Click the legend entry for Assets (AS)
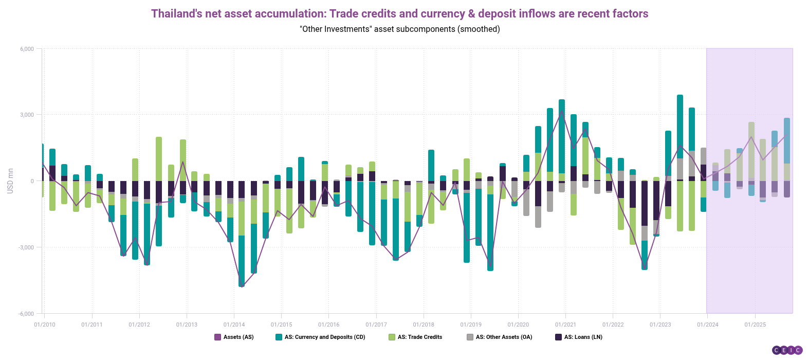tap(238, 337)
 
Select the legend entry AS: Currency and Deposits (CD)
tap(325, 337)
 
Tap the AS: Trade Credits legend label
tap(419, 337)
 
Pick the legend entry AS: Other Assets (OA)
tap(504, 337)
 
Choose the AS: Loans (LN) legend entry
tap(583, 337)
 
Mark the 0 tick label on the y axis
tap(32, 181)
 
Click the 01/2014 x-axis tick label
tap(234, 325)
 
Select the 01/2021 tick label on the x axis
tap(565, 325)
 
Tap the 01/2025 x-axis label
tap(755, 325)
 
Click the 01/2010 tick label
tap(45, 325)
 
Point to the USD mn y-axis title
tap(10, 181)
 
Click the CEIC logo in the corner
tap(787, 350)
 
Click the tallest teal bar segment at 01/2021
tap(562, 136)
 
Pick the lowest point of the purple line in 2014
tap(242, 286)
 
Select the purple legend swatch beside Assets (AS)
tap(217, 337)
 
